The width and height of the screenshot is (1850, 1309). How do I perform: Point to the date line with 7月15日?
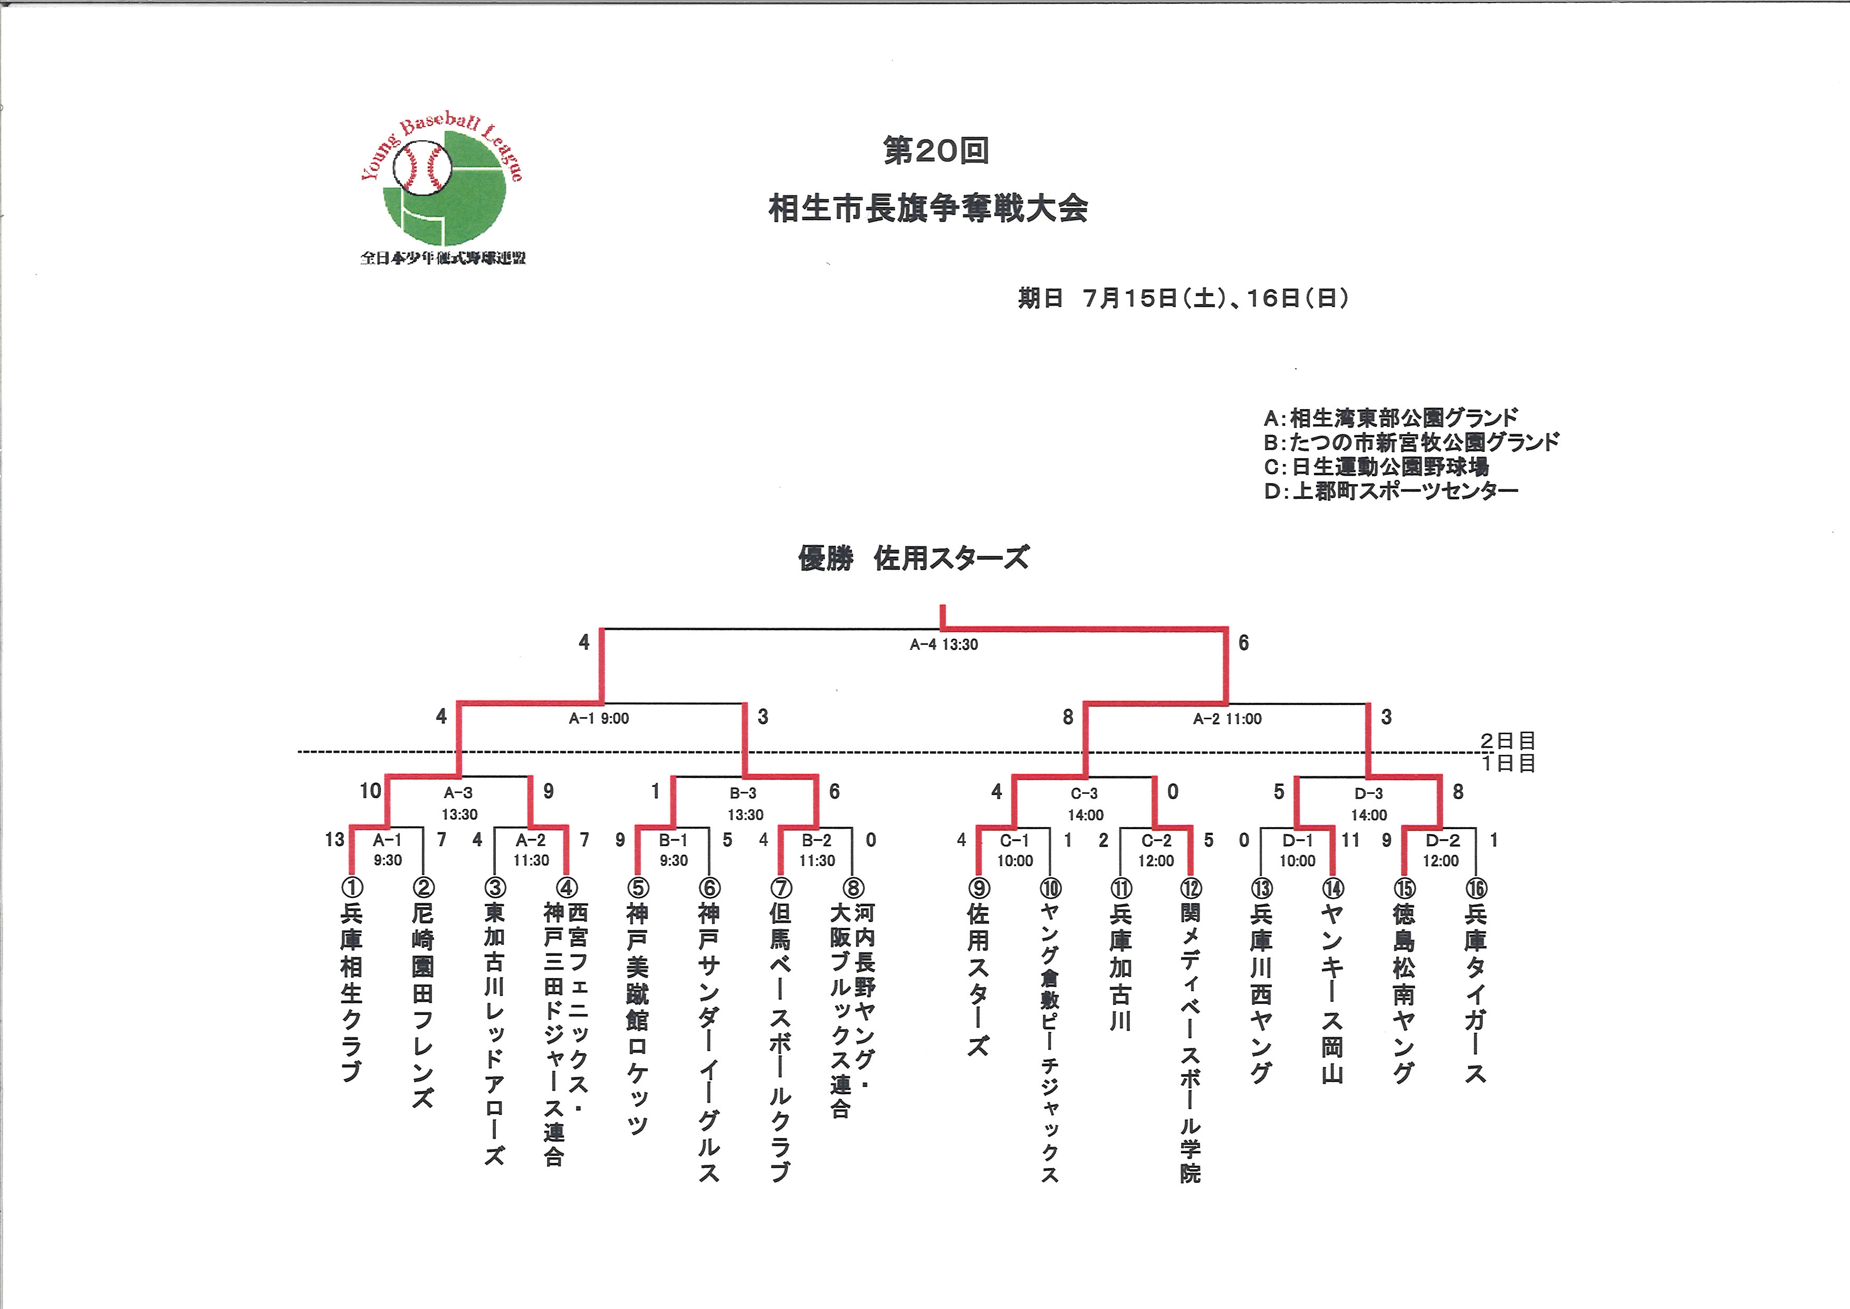pyautogui.click(x=1183, y=298)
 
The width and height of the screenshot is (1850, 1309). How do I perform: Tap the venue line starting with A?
pyautogui.click(x=1391, y=418)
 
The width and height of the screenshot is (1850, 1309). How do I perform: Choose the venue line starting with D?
pyautogui.click(x=1391, y=490)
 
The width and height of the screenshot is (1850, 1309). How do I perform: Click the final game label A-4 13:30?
pyautogui.click(x=944, y=644)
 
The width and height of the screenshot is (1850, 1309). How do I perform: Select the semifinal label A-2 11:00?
pyautogui.click(x=1227, y=718)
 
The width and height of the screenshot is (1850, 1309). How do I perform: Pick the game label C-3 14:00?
pyautogui.click(x=1085, y=804)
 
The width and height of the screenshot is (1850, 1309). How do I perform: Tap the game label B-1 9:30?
pyautogui.click(x=674, y=850)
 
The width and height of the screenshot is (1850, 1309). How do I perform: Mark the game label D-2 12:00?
pyautogui.click(x=1441, y=850)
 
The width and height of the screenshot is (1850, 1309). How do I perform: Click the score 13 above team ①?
pyautogui.click(x=334, y=840)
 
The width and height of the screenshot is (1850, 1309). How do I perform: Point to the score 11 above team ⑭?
pyautogui.click(x=1350, y=840)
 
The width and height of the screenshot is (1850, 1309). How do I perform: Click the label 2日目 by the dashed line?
pyautogui.click(x=1508, y=741)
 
